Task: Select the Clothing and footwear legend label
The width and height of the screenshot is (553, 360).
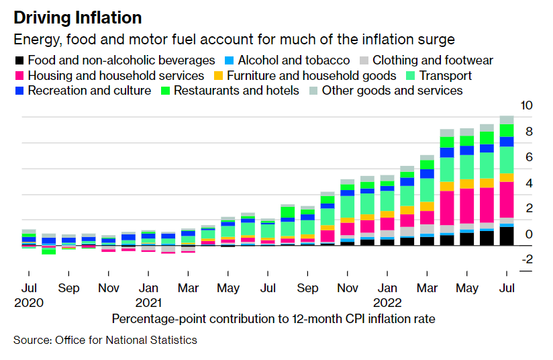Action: tap(432, 60)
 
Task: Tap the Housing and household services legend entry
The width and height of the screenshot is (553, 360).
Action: tap(117, 76)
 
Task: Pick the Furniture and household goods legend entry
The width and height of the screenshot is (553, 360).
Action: tap(311, 76)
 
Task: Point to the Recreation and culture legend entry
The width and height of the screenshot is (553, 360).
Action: tap(89, 91)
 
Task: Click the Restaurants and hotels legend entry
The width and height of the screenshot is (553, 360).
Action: tap(236, 91)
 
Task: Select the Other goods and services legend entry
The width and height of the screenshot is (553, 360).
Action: tap(392, 91)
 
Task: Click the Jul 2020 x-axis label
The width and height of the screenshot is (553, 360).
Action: tap(28, 296)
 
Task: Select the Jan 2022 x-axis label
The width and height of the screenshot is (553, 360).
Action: tap(387, 296)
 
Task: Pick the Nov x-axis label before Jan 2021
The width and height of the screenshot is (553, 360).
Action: tap(108, 288)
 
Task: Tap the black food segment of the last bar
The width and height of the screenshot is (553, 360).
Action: tap(507, 236)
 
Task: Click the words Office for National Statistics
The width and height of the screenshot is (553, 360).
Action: tap(124, 341)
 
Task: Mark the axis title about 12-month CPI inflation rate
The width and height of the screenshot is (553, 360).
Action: tap(273, 319)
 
